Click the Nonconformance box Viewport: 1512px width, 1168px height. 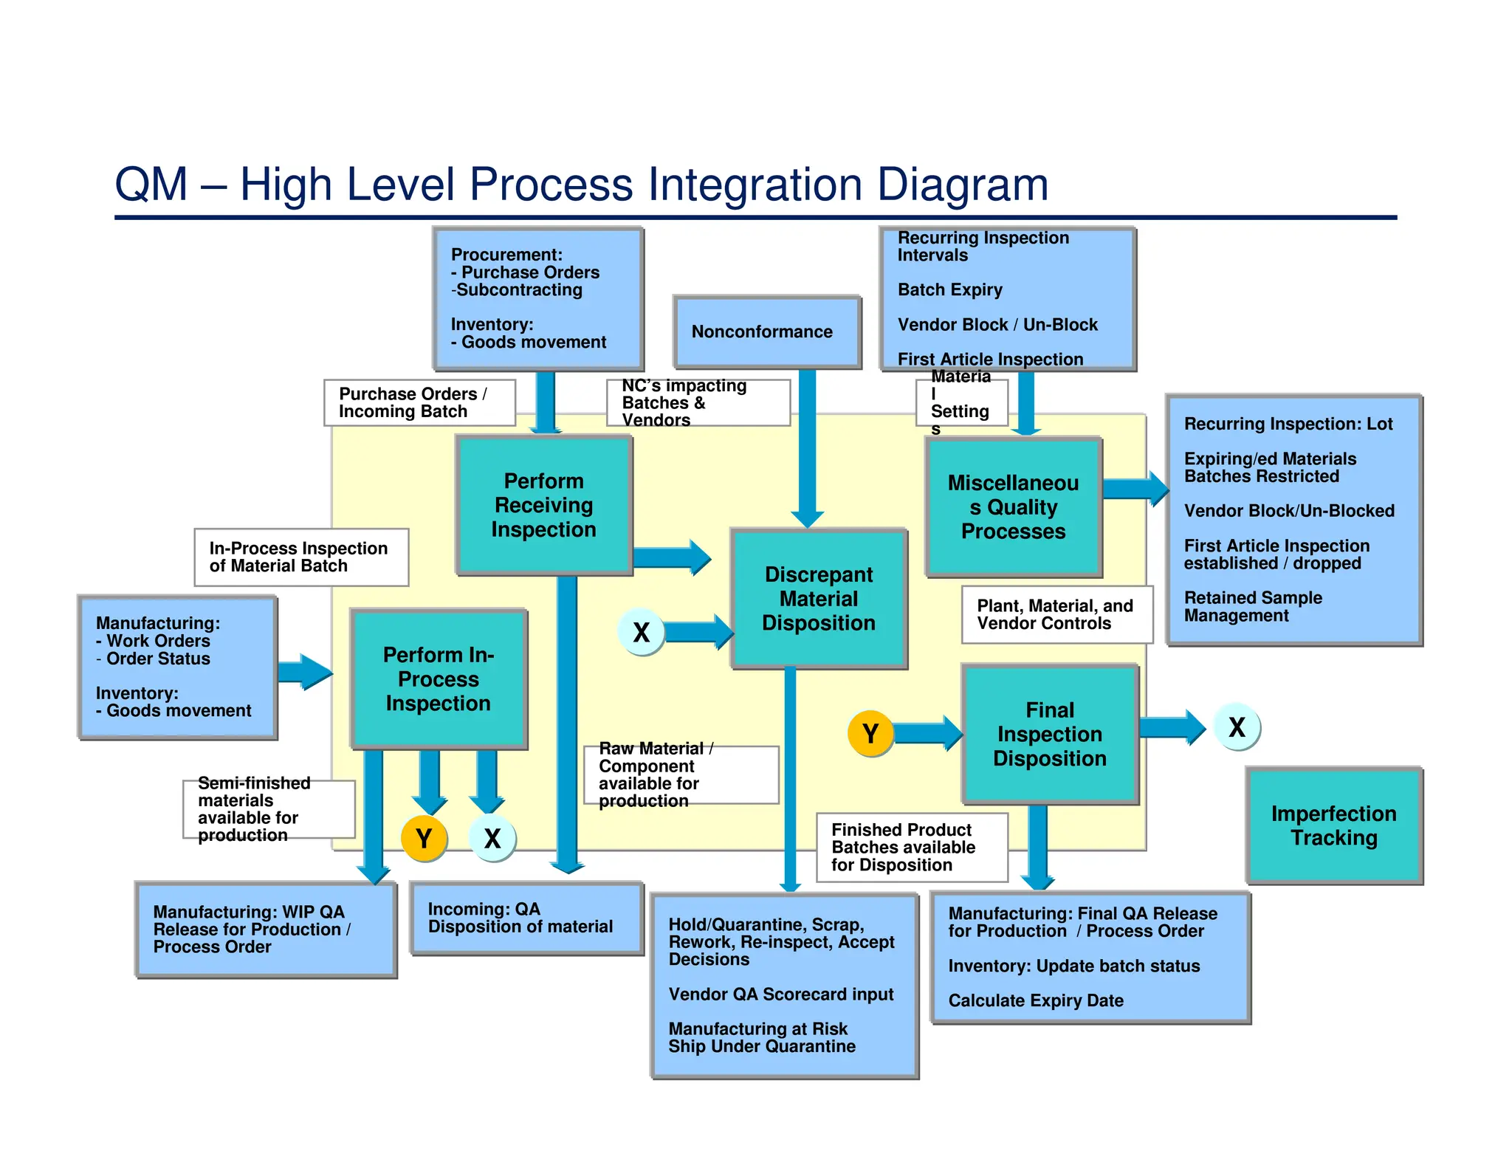[x=766, y=332]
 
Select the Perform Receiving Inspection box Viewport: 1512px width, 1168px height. [x=544, y=505]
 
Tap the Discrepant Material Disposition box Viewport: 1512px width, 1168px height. [x=818, y=599]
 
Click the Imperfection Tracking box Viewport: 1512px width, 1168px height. [x=1333, y=825]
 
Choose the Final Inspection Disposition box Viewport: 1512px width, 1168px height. [x=1049, y=734]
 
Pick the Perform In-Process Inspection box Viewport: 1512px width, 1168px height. [x=439, y=679]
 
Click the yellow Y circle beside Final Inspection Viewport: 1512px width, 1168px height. [x=870, y=734]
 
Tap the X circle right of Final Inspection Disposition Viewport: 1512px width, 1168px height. [x=1237, y=727]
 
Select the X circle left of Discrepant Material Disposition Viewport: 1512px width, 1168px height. [x=641, y=632]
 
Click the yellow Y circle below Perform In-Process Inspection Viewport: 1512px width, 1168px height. [x=424, y=839]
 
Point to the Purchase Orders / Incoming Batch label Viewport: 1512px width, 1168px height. [x=419, y=402]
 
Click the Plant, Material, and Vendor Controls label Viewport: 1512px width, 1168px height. [x=1056, y=614]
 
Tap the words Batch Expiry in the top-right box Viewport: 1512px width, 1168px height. [x=949, y=290]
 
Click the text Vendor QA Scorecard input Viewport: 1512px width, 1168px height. [x=780, y=994]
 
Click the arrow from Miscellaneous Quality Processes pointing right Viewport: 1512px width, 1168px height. [x=1135, y=489]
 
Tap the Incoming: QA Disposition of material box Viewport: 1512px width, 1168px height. [x=526, y=918]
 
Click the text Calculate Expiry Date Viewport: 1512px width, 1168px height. [x=1035, y=1001]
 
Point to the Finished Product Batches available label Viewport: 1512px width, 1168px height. [x=910, y=847]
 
